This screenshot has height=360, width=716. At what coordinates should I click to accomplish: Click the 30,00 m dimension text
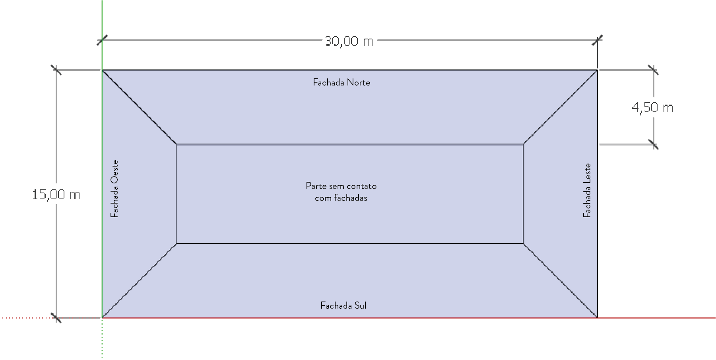(x=349, y=41)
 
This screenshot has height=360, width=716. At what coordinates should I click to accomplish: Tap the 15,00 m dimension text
(x=56, y=195)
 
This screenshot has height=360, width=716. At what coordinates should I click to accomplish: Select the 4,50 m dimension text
(x=652, y=107)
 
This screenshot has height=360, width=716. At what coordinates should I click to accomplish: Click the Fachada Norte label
(x=342, y=82)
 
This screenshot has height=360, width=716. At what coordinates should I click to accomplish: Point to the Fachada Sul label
(x=343, y=306)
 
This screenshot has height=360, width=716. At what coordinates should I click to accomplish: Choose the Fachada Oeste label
(x=114, y=189)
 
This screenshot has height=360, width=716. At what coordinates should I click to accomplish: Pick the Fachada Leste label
(x=587, y=190)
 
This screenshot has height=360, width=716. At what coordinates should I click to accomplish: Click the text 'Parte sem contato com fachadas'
(x=341, y=192)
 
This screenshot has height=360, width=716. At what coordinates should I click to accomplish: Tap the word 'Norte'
(x=358, y=82)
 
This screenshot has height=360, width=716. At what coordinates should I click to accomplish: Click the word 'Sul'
(x=360, y=306)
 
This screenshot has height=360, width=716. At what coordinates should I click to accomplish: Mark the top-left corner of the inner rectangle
(x=177, y=144)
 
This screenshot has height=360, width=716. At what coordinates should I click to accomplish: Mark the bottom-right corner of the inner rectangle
(x=523, y=243)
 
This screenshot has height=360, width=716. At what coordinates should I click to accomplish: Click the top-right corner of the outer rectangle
(x=597, y=70)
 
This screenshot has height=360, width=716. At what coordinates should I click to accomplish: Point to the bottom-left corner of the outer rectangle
(x=102, y=317)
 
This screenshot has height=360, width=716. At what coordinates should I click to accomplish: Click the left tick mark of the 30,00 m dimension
(x=102, y=40)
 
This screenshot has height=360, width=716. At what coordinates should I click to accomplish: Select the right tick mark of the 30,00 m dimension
(x=597, y=40)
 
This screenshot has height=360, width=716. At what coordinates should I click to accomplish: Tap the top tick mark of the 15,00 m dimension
(x=56, y=70)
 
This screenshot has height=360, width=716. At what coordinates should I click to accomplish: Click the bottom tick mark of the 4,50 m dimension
(x=653, y=144)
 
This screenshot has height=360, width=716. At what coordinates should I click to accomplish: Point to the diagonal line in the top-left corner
(x=139, y=107)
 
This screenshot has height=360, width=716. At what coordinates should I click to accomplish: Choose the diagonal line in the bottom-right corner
(x=560, y=280)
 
